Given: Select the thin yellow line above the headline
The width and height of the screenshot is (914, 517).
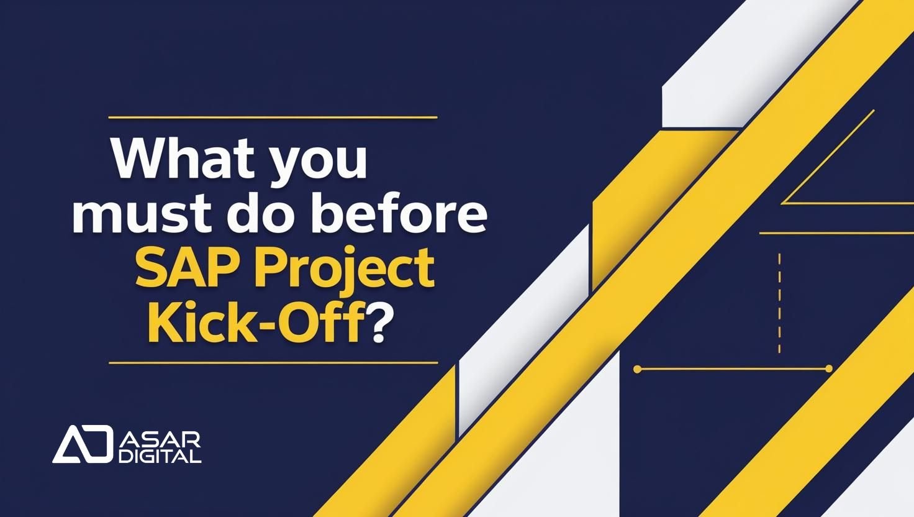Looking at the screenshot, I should [x=273, y=117].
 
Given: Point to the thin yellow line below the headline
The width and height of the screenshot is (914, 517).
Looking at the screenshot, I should [x=273, y=362].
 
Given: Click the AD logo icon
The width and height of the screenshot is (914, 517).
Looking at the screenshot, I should [x=81, y=444].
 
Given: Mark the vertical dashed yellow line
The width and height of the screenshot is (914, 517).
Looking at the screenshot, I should [x=779, y=303].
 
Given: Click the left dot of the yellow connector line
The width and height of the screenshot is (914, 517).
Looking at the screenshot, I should [x=637, y=369].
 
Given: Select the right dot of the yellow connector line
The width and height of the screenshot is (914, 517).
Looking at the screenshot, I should [x=828, y=369].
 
